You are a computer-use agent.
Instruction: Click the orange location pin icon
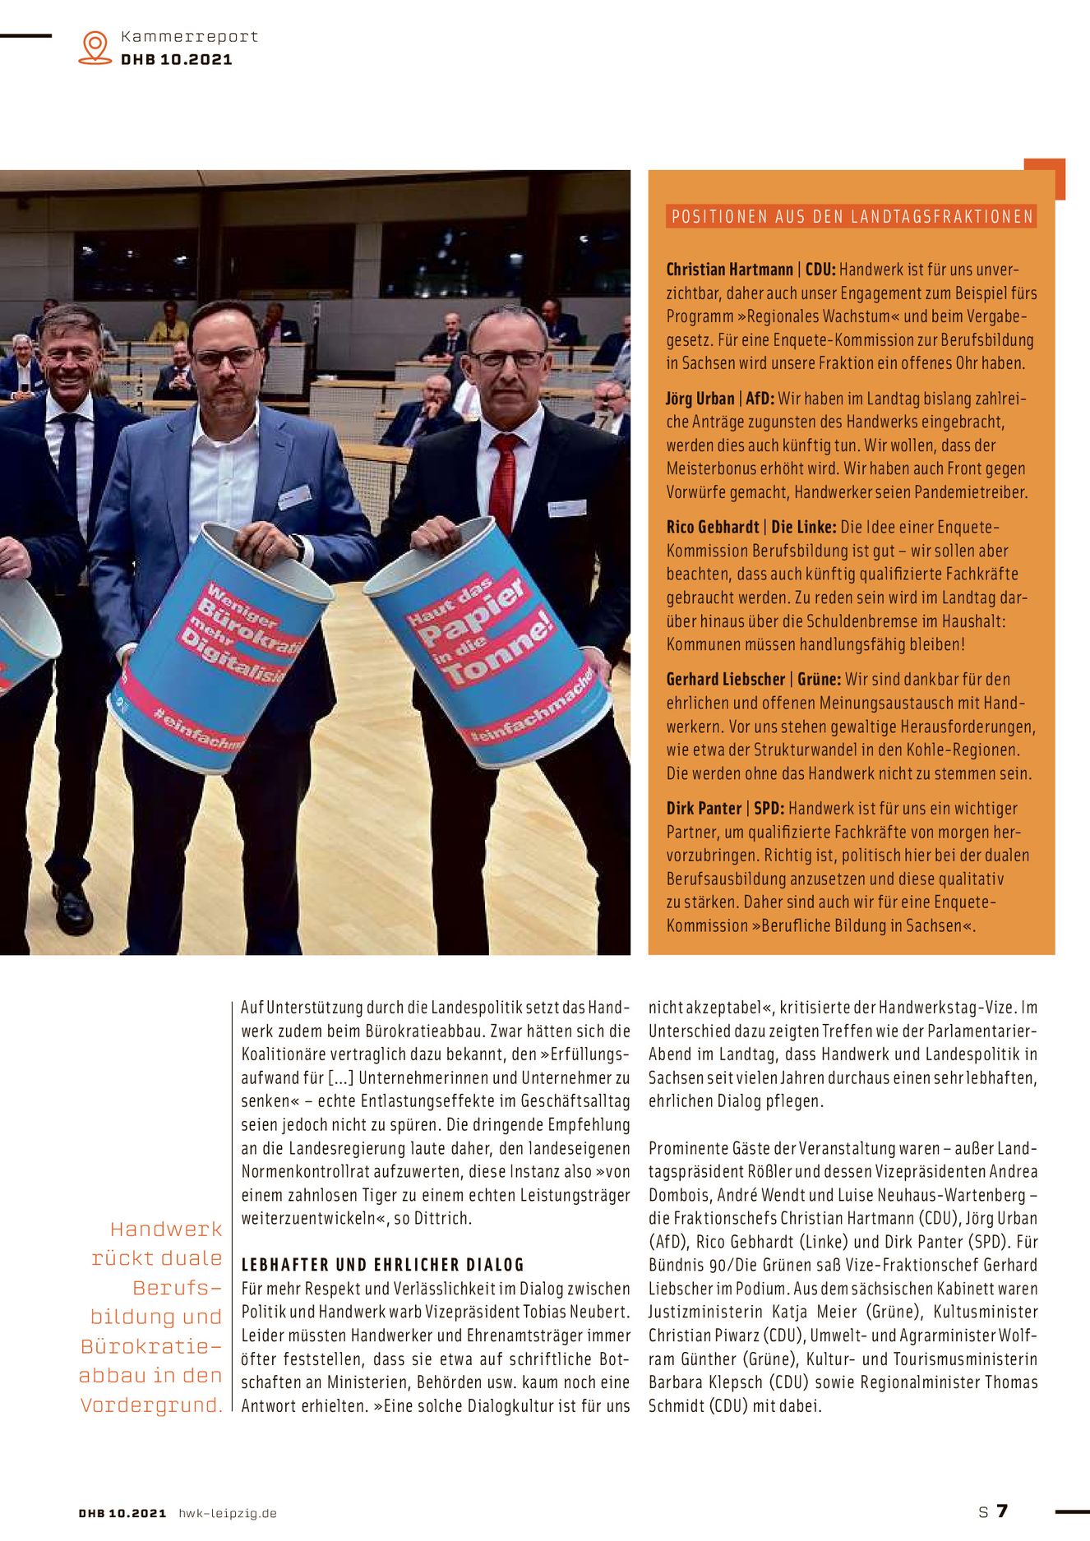95,47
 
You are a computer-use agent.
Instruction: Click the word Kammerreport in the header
189,36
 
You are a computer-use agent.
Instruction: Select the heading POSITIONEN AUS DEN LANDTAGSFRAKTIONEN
852,217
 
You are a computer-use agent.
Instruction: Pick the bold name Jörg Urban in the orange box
700,399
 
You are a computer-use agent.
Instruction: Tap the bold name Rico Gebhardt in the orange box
712,528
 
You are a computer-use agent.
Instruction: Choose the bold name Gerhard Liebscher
725,680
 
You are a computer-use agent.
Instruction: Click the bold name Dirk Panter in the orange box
704,809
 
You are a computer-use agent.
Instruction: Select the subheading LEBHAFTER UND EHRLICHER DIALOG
382,1265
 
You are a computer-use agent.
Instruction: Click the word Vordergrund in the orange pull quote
151,1405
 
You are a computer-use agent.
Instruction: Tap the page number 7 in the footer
1002,1511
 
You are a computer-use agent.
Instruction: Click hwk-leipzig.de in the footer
228,1513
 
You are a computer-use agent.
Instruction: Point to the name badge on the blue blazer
294,496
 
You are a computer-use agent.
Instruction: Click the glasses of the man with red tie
508,359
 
